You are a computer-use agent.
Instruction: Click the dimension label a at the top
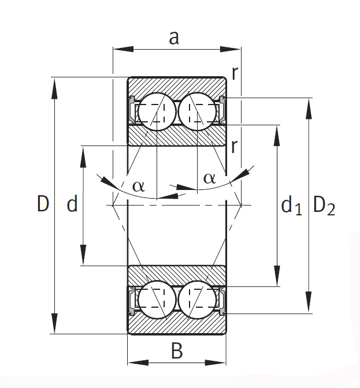tap(174, 38)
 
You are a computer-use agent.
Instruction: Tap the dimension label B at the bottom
tap(177, 350)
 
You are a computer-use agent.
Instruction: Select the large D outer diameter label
tap(43, 203)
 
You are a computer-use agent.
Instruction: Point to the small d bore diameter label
tap(72, 203)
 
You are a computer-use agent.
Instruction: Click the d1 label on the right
tap(291, 206)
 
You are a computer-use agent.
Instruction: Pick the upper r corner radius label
tap(235, 73)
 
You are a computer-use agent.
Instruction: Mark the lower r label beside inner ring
tap(234, 147)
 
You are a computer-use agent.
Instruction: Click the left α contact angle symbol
tap(138, 186)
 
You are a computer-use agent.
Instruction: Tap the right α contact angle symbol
tap(209, 178)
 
